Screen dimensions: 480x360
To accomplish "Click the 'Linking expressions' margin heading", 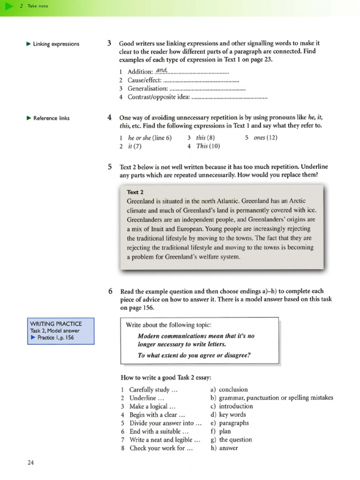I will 56,44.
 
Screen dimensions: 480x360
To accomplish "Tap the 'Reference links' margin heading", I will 51,118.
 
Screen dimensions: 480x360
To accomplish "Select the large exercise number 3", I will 109,44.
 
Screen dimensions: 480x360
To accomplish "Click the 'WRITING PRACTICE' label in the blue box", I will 56,323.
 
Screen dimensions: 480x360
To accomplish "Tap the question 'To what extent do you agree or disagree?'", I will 194,355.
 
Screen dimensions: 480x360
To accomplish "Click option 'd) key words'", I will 228,414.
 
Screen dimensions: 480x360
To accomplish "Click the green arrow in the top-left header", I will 8,6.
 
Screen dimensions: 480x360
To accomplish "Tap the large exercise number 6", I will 109,291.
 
